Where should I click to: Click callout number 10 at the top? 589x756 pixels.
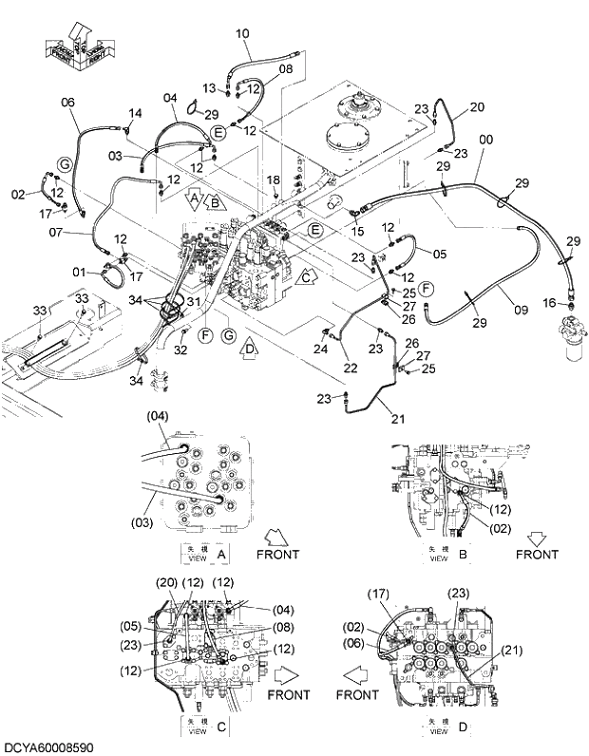click(x=242, y=33)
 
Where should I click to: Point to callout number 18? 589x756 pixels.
click(x=273, y=180)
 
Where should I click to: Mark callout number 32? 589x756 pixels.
click(x=180, y=349)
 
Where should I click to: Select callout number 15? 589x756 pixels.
click(x=357, y=232)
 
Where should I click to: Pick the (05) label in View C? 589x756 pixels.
click(x=131, y=625)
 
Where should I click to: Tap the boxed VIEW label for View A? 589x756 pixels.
click(x=196, y=555)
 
